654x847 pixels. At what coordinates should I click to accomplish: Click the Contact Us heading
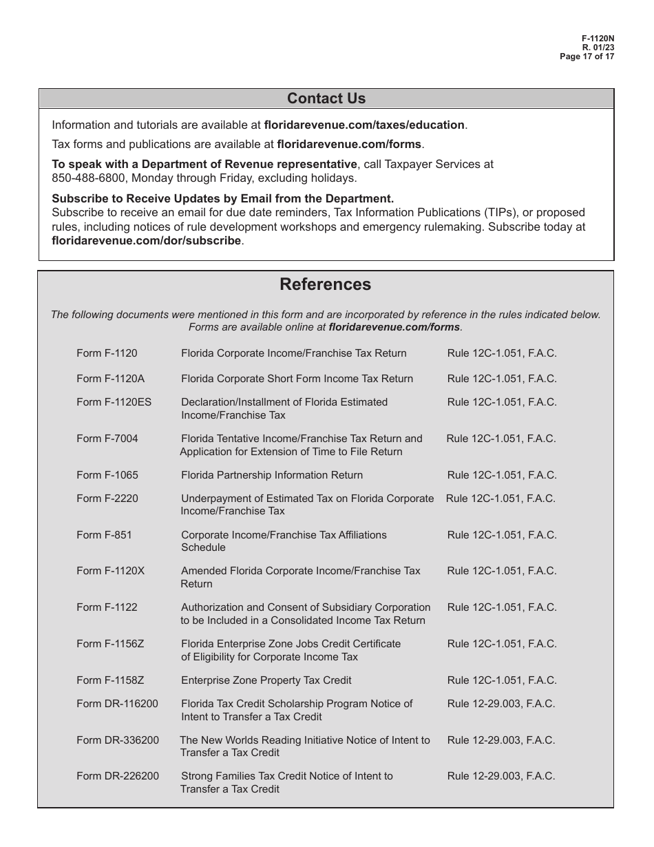click(x=326, y=98)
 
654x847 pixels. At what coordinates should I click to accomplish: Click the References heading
click(x=325, y=284)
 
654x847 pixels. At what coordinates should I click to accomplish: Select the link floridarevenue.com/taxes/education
click(x=365, y=125)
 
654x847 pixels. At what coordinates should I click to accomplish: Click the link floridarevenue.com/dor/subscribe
click(x=147, y=241)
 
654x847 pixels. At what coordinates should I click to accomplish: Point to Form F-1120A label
click(x=110, y=379)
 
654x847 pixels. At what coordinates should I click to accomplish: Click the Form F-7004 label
click(x=107, y=439)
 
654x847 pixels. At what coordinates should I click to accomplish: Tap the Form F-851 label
click(x=104, y=535)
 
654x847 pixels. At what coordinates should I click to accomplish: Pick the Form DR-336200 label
click(x=117, y=740)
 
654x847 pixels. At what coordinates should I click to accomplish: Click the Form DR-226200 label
click(x=117, y=776)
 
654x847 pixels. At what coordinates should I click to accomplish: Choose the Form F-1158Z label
click(x=110, y=680)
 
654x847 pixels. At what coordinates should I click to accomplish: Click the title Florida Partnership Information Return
click(x=271, y=475)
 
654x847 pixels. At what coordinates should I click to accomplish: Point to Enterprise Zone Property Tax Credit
click(x=266, y=680)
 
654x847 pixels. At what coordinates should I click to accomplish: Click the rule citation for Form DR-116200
click(x=500, y=704)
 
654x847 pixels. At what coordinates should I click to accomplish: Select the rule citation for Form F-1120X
click(x=502, y=571)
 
